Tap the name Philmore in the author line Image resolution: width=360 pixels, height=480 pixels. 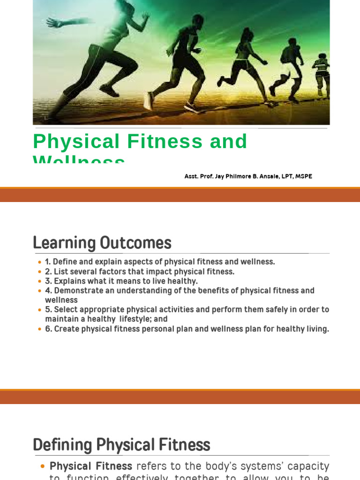(238, 176)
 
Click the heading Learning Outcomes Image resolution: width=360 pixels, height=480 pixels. (102, 243)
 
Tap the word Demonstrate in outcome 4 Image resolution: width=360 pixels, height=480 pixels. (77, 291)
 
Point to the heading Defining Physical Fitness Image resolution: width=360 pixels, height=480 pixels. (121, 445)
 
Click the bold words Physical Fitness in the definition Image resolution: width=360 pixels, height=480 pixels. (91, 466)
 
